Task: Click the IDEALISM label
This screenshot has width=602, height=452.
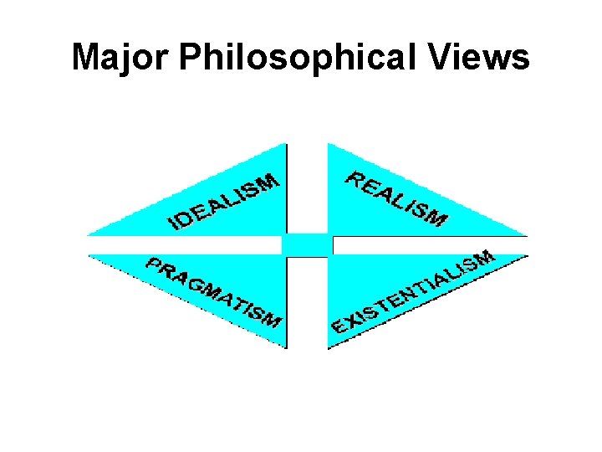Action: click(224, 201)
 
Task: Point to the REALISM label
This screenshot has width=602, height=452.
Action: click(396, 199)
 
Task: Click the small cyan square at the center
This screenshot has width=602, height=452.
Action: click(307, 244)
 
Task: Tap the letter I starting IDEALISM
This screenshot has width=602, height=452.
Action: click(174, 223)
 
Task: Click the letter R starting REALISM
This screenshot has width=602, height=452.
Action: click(355, 178)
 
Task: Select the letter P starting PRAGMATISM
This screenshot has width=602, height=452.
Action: click(155, 265)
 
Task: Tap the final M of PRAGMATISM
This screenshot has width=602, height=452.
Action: click(272, 319)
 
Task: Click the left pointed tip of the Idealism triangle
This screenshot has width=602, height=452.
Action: click(89, 234)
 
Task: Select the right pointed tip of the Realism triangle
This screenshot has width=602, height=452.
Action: click(526, 234)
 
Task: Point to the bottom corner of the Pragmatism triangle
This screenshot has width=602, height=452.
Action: click(285, 346)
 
